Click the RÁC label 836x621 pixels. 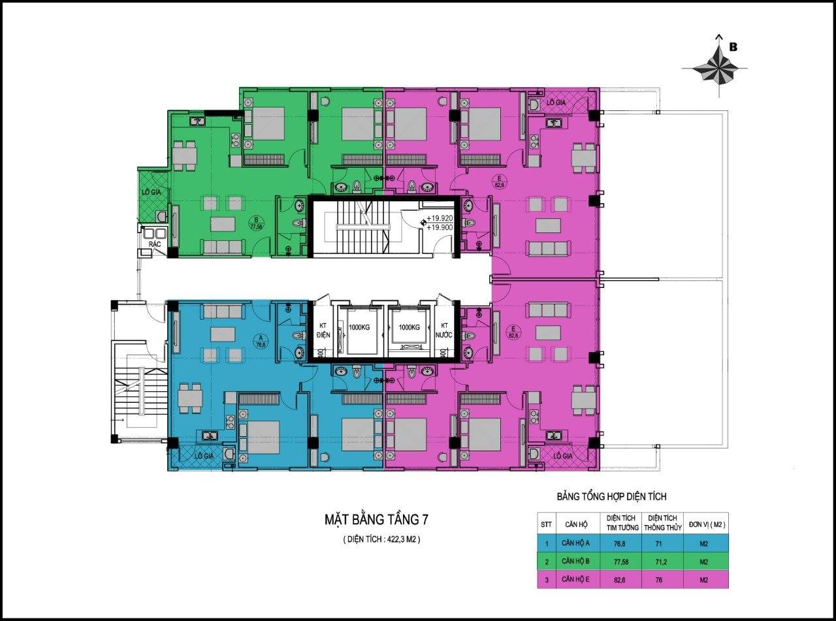click(x=155, y=244)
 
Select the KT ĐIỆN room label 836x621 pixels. click(x=323, y=330)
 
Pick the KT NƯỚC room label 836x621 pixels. click(x=445, y=330)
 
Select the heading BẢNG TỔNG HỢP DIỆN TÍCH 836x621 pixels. click(x=611, y=497)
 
